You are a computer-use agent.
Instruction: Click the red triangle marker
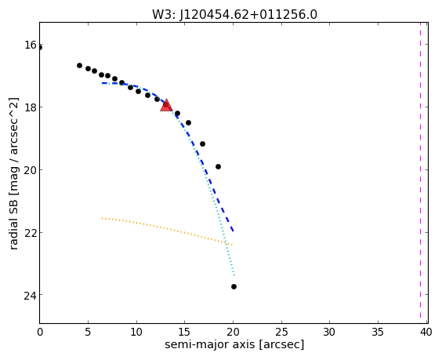pos(166,105)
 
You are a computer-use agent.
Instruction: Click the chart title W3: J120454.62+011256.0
pos(234,14)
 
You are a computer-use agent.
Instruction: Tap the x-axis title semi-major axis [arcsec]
pos(234,344)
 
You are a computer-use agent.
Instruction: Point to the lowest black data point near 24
pos(234,286)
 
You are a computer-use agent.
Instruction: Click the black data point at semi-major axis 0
pos(40,47)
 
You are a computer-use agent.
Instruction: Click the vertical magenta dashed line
pos(420,173)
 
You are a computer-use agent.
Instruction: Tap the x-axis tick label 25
pos(281,332)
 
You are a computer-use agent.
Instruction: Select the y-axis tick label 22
pos(30,232)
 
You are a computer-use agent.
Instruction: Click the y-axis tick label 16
pos(30,45)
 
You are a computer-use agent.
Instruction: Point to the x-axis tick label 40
pos(426,332)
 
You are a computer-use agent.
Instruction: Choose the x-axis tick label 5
pos(88,332)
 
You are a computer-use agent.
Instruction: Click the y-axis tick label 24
pos(30,295)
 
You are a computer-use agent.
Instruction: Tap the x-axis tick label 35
pos(378,332)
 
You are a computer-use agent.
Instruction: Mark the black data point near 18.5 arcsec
pos(218,167)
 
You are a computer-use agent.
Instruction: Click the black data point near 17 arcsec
pos(202,144)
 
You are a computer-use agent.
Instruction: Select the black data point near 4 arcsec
pos(79,65)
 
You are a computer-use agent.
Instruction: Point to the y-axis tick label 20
pos(30,170)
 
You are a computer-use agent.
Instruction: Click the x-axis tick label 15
pos(184,332)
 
